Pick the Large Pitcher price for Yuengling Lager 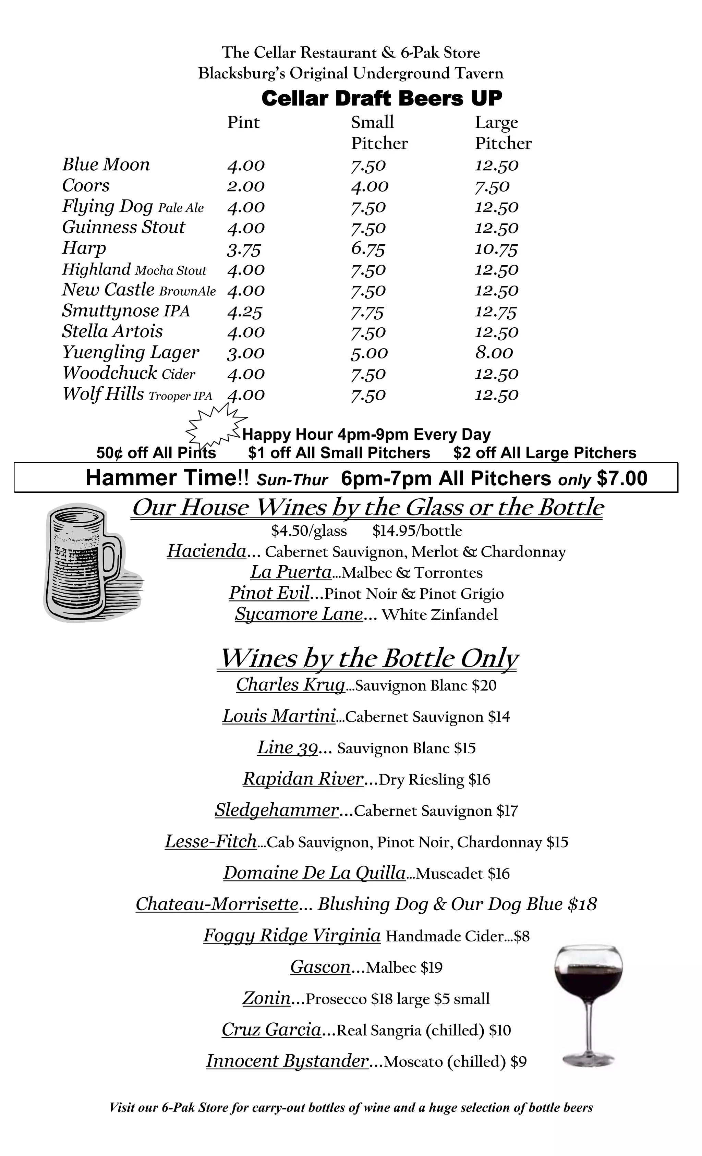494,353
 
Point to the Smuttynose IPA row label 126,311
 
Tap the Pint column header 243,122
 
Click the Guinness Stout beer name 123,227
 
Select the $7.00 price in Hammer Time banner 622,478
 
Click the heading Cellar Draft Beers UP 382,98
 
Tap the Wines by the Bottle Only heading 369,658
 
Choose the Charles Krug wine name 290,684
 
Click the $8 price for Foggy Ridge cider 522,936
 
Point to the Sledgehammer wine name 276,810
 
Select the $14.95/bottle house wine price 417,531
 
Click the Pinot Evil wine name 269,593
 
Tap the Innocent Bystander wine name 287,1061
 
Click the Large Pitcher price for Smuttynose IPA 496,312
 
